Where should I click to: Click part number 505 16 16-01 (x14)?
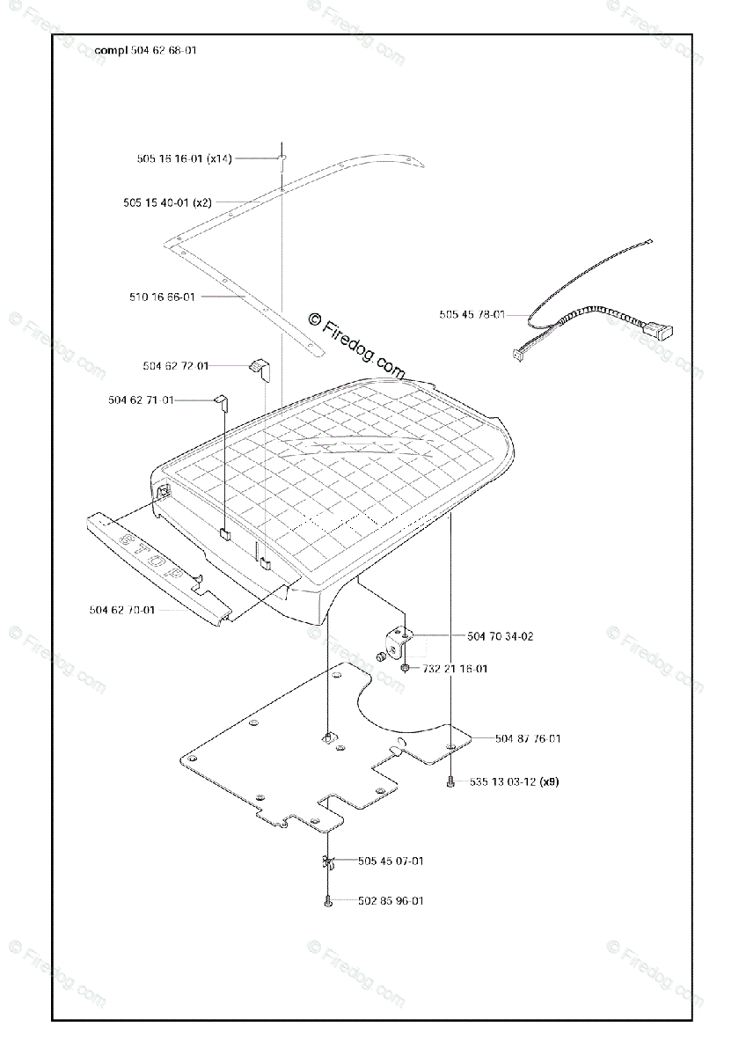(184, 159)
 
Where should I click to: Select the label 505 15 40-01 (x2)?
(167, 202)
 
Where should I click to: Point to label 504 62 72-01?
(176, 365)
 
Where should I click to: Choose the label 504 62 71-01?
(141, 400)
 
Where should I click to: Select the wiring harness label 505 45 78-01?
(472, 314)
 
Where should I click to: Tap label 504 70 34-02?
(500, 635)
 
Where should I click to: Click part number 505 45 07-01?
(391, 861)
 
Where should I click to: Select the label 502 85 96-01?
(391, 900)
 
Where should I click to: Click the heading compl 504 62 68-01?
(146, 51)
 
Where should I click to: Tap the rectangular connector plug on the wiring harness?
(660, 332)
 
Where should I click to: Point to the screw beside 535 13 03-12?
(450, 781)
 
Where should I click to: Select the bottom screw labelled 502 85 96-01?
(327, 901)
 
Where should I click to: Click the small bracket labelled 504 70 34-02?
(400, 640)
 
